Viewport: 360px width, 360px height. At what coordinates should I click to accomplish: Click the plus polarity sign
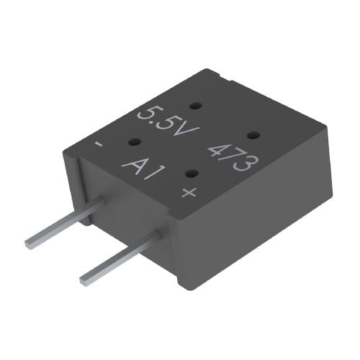[x=189, y=192]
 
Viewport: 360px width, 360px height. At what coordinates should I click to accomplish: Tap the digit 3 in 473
[x=244, y=166]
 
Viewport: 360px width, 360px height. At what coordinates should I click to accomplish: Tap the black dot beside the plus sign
[x=192, y=173]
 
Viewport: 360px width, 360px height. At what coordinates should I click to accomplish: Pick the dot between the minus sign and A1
[x=133, y=143]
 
